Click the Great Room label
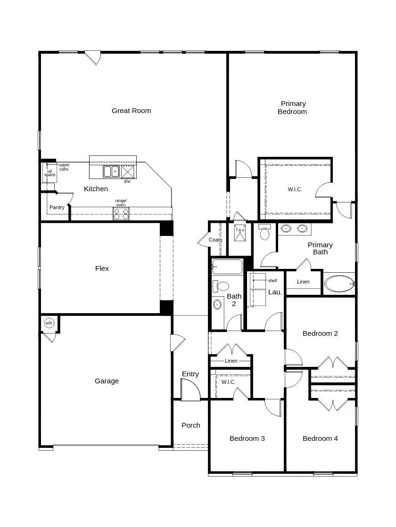click(x=131, y=111)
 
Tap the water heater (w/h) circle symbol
click(x=49, y=324)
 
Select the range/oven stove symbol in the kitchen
click(x=121, y=214)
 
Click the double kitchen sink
click(x=111, y=171)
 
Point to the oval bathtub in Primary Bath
click(x=338, y=284)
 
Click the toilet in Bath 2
click(x=221, y=286)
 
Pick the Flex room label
click(x=102, y=268)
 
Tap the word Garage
click(x=107, y=381)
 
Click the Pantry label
click(x=57, y=208)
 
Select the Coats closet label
click(x=215, y=240)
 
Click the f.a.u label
click(x=240, y=230)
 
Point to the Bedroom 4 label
click(x=320, y=438)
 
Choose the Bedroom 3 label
click(x=247, y=438)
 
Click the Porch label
click(x=191, y=425)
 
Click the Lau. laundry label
click(x=275, y=292)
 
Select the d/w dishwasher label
click(x=127, y=181)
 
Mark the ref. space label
click(x=49, y=173)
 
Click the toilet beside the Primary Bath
click(x=264, y=233)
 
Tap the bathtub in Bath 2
click(x=227, y=267)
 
